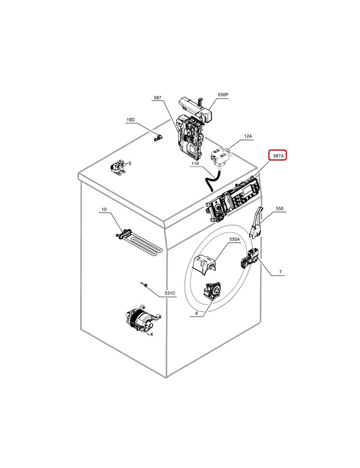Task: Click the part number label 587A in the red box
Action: (x=278, y=155)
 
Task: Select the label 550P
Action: (x=223, y=94)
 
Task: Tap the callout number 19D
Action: (x=130, y=120)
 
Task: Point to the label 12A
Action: (x=248, y=136)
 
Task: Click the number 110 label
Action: (x=195, y=163)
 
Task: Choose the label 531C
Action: (x=170, y=293)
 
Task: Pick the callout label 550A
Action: (x=234, y=239)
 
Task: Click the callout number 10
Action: (x=104, y=209)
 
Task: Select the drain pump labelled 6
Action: (x=211, y=291)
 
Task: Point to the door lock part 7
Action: (x=250, y=258)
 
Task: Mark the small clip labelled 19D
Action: (x=158, y=138)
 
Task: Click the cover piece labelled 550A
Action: (x=204, y=264)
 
